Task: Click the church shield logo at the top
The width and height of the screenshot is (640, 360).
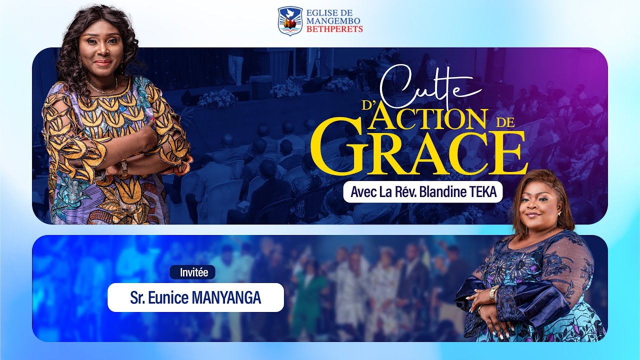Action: (x=290, y=20)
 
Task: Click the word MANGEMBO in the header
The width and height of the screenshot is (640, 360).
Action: (x=334, y=21)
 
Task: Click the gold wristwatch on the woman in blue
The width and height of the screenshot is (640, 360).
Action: (x=493, y=293)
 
